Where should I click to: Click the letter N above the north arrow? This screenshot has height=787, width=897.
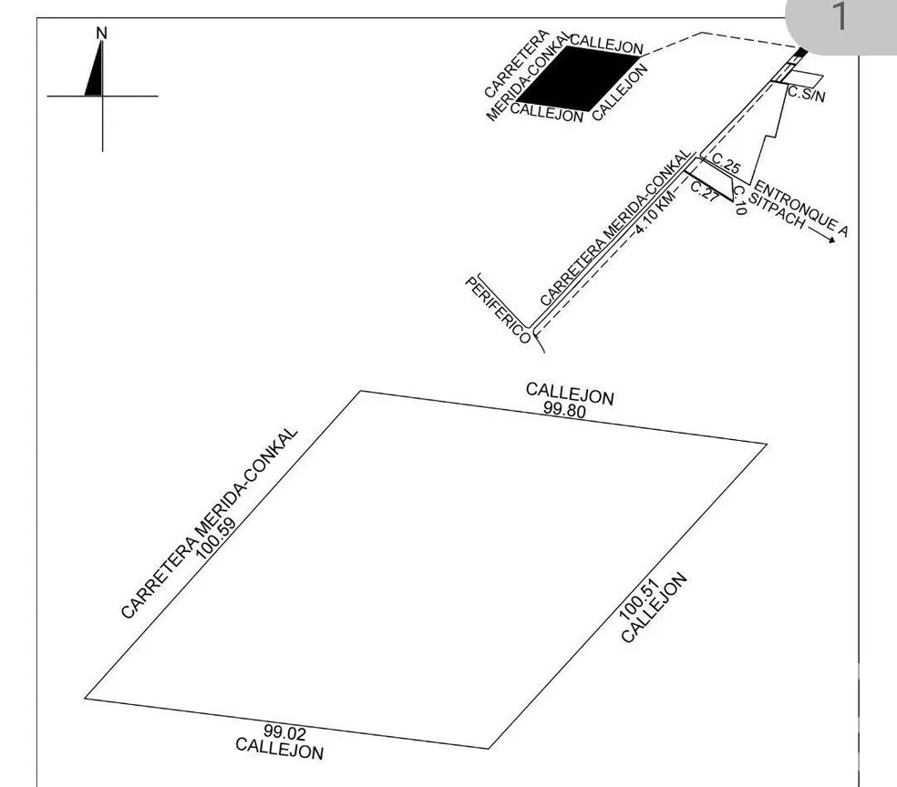click(x=102, y=33)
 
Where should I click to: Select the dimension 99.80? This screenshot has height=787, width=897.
click(x=564, y=410)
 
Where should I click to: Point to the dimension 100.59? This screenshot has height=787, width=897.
click(x=216, y=539)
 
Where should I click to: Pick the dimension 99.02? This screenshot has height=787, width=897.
click(x=285, y=732)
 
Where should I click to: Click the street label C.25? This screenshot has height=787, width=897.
click(x=726, y=163)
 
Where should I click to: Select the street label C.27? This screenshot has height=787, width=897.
click(x=705, y=191)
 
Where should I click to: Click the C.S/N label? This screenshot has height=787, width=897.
click(x=807, y=94)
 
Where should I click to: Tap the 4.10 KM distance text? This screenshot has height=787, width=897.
click(x=655, y=213)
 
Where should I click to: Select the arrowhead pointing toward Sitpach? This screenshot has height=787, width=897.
click(x=830, y=240)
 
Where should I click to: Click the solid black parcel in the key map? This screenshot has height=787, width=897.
click(x=577, y=78)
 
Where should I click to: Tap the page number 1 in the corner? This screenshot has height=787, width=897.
click(x=840, y=15)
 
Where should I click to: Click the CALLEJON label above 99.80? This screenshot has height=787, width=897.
click(x=570, y=393)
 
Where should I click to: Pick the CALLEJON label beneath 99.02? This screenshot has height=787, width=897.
click(x=279, y=750)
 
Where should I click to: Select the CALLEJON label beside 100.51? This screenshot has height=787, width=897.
click(x=654, y=608)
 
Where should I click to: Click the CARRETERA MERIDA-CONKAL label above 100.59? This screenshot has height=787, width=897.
click(x=210, y=523)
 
